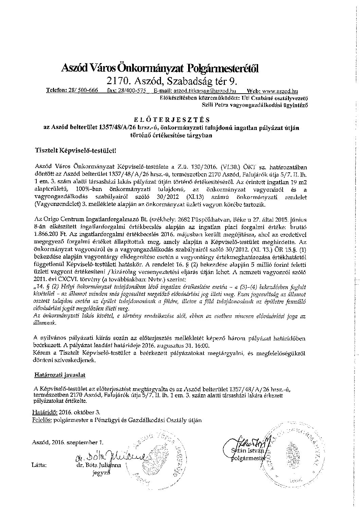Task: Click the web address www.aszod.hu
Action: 281,91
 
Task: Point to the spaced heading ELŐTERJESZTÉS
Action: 172,119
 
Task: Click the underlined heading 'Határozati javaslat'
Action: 60,375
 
